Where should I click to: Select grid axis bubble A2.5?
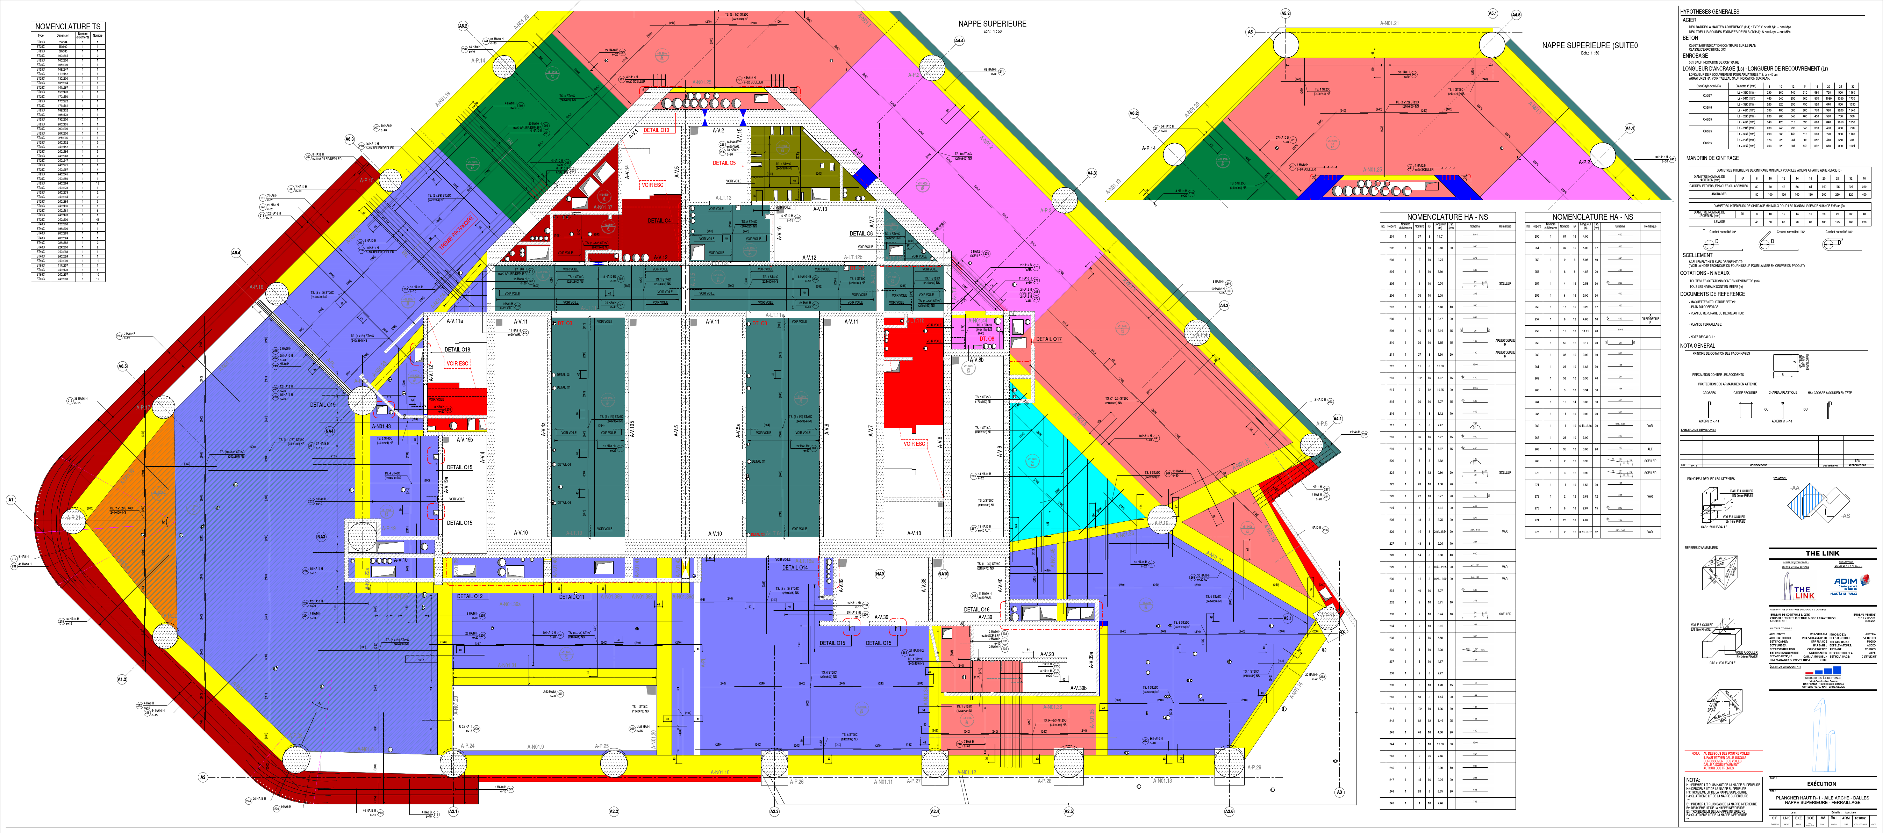(1069, 811)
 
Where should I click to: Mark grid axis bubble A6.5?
(122, 366)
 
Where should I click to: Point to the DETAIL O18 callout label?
(458, 349)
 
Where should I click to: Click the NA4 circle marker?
(330, 431)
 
